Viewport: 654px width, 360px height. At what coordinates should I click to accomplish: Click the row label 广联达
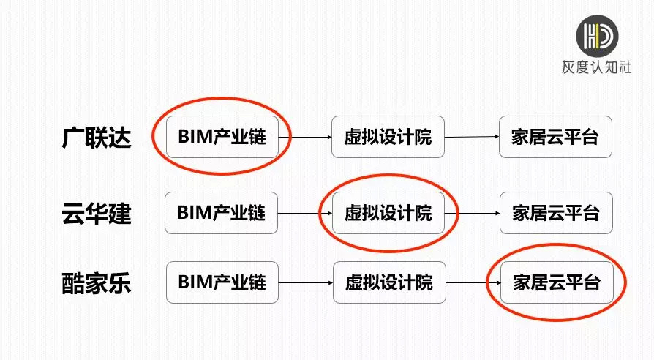coord(97,137)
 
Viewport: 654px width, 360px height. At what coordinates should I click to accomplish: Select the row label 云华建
coord(97,213)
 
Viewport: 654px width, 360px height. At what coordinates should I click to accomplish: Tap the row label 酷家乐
coord(97,282)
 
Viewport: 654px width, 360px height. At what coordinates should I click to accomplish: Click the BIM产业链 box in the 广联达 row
coord(222,136)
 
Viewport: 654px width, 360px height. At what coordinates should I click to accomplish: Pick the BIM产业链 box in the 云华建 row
coord(222,213)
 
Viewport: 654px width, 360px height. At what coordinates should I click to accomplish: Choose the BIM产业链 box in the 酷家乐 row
coord(222,282)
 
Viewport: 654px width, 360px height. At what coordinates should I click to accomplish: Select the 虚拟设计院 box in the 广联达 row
coord(388,136)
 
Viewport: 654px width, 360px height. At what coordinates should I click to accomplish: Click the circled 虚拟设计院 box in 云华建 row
coord(388,213)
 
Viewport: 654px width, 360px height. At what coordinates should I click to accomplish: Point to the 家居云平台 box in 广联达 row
coord(555,136)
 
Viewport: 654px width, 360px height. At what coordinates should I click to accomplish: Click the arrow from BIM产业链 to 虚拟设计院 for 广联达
coord(305,137)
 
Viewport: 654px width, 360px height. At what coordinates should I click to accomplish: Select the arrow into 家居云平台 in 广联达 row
coord(472,137)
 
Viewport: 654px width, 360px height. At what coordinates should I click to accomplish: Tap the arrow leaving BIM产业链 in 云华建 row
coord(305,214)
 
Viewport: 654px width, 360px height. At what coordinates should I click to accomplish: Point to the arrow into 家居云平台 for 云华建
coord(472,214)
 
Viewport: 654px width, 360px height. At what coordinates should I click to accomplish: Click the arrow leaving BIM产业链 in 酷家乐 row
coord(306,282)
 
